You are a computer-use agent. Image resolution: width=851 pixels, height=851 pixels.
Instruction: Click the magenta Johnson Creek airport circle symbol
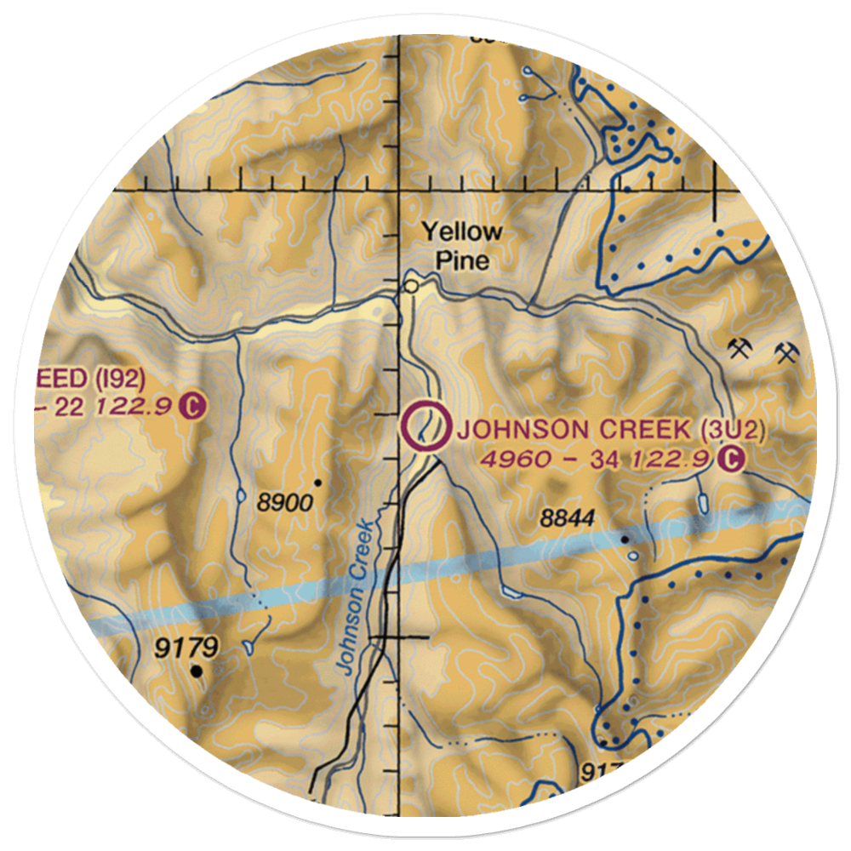(425, 426)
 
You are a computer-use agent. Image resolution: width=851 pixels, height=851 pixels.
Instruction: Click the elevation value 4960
(508, 460)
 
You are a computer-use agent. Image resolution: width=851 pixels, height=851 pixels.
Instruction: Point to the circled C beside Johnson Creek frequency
(730, 460)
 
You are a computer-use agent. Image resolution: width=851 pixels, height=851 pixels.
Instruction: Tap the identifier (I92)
(120, 377)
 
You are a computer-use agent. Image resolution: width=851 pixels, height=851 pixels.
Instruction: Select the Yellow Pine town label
(463, 245)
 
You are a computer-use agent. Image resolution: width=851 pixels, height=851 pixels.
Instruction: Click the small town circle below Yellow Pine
(412, 287)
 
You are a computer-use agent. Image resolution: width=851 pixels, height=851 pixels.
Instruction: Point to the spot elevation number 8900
(284, 503)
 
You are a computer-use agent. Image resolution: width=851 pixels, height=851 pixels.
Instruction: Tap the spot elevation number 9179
(186, 649)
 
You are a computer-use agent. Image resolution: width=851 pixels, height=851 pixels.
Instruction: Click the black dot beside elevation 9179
(197, 672)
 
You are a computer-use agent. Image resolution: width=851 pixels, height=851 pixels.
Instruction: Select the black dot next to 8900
(317, 483)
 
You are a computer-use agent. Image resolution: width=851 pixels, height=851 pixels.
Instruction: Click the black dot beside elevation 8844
(625, 539)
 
